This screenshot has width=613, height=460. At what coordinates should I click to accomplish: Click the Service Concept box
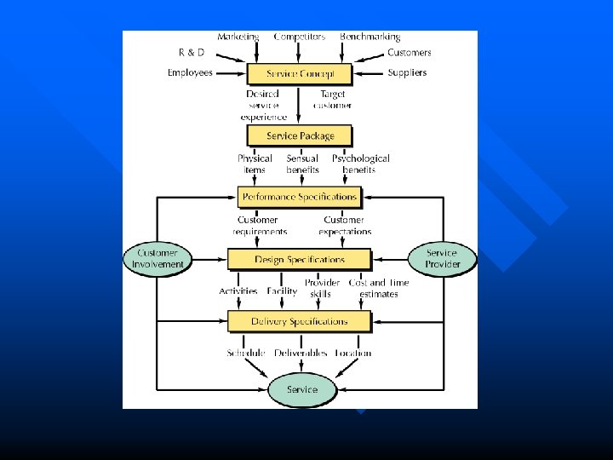299,73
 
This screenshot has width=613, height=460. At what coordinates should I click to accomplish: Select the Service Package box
299,135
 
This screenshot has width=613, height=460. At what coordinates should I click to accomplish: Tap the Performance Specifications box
299,197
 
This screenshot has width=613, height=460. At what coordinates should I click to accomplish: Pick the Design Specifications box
299,259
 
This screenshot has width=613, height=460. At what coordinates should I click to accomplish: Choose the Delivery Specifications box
299,321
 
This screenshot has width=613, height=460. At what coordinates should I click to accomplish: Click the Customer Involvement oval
158,258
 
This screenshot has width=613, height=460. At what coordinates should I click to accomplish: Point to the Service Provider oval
442,258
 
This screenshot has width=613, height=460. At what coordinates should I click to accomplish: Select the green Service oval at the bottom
301,390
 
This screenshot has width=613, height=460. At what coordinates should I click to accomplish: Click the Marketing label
238,37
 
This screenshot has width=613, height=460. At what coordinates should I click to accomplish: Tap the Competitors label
299,37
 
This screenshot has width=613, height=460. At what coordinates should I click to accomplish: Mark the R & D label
192,53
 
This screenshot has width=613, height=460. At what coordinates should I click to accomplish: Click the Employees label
190,73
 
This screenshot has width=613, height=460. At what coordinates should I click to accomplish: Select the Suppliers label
407,73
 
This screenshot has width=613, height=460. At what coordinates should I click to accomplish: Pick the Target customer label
333,100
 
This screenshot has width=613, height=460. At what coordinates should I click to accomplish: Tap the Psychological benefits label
360,164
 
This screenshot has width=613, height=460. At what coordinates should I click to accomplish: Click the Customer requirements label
260,225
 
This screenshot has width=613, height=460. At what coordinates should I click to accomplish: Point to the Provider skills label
322,288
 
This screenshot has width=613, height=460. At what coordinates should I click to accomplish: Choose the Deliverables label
301,353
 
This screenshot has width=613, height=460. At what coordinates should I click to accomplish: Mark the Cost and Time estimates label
379,288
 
